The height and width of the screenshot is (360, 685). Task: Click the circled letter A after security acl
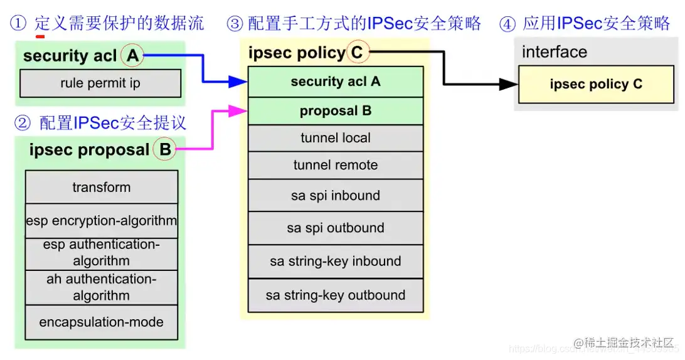pyautogui.click(x=132, y=56)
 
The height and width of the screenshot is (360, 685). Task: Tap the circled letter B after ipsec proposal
pyautogui.click(x=165, y=149)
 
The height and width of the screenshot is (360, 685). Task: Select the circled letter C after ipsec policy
pyautogui.click(x=357, y=53)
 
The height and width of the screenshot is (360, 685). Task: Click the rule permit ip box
pyautogui.click(x=100, y=83)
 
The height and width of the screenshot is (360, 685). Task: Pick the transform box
pyautogui.click(x=102, y=187)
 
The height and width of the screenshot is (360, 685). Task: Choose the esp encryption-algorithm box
pyautogui.click(x=102, y=221)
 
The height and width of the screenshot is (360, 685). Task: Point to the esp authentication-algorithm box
pyautogui.click(x=102, y=253)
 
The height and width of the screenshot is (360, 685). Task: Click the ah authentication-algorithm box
pyautogui.click(x=102, y=287)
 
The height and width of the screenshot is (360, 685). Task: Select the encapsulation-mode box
pyautogui.click(x=102, y=322)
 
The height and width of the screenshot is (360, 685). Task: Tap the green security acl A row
pyautogui.click(x=336, y=82)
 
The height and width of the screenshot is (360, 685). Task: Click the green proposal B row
pyautogui.click(x=336, y=111)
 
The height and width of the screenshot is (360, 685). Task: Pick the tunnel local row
pyautogui.click(x=336, y=138)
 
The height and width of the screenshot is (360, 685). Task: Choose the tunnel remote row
pyautogui.click(x=336, y=166)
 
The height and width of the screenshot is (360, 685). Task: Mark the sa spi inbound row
pyautogui.click(x=336, y=196)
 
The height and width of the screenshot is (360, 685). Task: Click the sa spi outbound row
pyautogui.click(x=336, y=228)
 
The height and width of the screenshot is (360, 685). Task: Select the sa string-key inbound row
pyautogui.click(x=336, y=262)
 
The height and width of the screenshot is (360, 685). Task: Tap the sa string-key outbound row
pyautogui.click(x=336, y=295)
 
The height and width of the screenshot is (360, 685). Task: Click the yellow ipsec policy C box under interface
pyautogui.click(x=596, y=85)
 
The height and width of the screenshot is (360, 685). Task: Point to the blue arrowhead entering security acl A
pyautogui.click(x=238, y=81)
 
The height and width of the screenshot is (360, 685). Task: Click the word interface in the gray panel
pyautogui.click(x=555, y=52)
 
